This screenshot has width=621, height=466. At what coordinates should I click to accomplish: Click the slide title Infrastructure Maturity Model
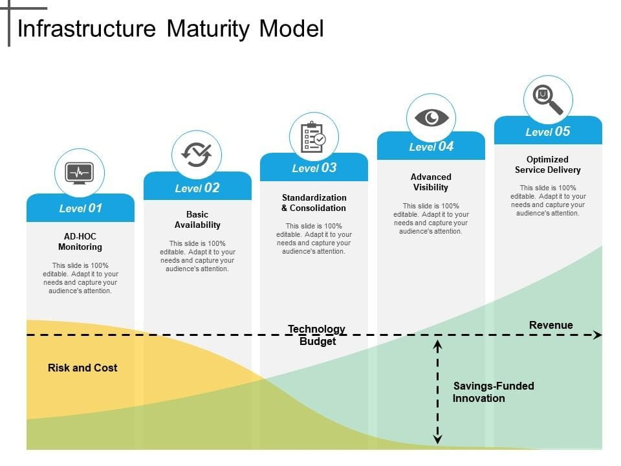170,29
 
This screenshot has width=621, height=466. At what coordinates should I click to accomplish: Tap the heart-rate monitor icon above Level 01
80,173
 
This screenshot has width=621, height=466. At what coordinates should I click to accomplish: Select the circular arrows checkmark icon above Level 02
197,154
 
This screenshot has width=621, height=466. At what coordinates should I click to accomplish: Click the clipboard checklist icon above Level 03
314,137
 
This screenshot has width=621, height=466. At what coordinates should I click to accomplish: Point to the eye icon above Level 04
431,118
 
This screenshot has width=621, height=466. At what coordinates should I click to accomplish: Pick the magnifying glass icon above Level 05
548,100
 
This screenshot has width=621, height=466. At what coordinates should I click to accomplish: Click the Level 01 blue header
81,208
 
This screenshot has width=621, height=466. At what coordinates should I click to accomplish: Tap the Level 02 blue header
197,188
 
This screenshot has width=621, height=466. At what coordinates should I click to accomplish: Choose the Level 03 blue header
314,168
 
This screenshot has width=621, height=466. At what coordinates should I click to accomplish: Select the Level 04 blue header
431,147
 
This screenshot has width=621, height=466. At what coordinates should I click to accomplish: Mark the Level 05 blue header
548,132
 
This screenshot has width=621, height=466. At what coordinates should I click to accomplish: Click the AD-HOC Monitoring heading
80,241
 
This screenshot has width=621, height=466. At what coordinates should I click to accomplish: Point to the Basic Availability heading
197,219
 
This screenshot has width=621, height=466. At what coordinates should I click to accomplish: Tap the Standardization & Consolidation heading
314,203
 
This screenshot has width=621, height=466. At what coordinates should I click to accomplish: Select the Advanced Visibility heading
431,182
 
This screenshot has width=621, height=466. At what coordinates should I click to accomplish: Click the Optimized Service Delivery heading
548,164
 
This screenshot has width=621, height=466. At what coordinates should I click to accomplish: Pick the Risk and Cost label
83,368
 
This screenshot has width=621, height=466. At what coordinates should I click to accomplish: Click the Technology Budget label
317,335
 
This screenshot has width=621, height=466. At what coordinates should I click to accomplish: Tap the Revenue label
551,325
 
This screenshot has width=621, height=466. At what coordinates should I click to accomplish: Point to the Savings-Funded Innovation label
493,392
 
